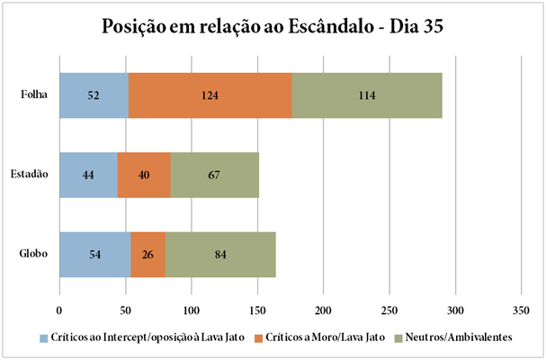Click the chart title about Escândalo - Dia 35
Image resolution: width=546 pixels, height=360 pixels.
[x=273, y=26]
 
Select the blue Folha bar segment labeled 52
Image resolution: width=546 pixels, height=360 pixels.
[x=94, y=95]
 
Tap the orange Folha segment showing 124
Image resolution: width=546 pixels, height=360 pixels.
[x=210, y=95]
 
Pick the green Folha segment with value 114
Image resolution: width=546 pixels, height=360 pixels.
[x=367, y=95]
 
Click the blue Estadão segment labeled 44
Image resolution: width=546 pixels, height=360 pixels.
[x=88, y=175]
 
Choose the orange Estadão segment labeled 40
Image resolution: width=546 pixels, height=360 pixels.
[x=144, y=175]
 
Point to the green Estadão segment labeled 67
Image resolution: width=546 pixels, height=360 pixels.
[x=214, y=175]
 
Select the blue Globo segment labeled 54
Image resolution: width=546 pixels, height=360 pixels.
[x=94, y=254]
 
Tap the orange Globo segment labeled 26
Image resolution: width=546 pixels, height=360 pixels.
[x=148, y=254]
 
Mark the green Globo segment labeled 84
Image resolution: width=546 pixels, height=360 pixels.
[x=220, y=254]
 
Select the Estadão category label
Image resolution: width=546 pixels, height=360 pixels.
[x=30, y=175]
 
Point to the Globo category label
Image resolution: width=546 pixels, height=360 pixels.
[x=34, y=254]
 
